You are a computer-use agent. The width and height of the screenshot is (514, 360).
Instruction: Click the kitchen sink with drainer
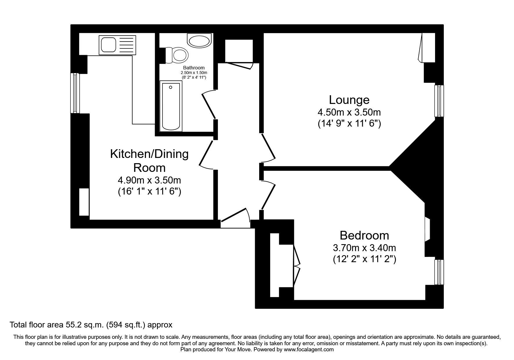(x=117, y=45)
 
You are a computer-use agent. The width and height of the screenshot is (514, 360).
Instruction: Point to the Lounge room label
(x=349, y=100)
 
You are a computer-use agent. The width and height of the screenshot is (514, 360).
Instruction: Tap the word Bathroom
(x=194, y=68)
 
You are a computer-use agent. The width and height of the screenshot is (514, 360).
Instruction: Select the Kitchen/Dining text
(x=149, y=154)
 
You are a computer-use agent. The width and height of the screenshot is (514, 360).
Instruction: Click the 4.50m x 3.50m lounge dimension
(x=349, y=112)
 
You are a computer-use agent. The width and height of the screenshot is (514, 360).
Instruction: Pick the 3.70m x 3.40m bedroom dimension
(x=364, y=248)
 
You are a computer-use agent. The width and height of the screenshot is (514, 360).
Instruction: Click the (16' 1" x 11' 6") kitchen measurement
(x=149, y=192)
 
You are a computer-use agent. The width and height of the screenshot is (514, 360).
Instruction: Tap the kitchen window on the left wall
(x=75, y=93)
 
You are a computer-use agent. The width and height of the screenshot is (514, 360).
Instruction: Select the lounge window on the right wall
(x=439, y=101)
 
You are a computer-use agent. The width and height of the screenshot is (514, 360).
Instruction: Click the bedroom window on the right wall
(x=439, y=272)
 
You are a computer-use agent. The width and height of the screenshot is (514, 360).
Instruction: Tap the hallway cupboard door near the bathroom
(x=239, y=66)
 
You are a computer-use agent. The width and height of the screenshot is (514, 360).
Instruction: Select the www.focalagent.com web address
(x=309, y=350)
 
